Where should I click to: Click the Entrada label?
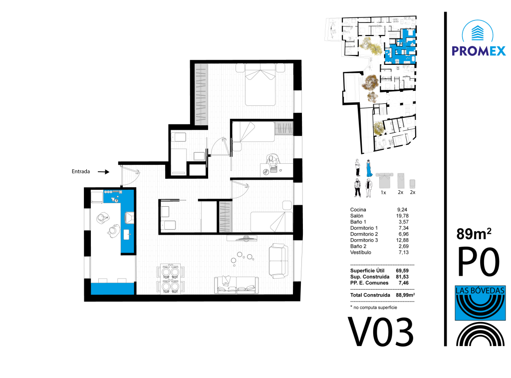[81, 172]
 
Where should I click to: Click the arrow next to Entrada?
[104, 172]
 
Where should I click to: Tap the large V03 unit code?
[381, 332]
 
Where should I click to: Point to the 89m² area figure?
[474, 234]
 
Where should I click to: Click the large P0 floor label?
[479, 262]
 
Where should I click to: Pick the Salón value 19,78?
[402, 216]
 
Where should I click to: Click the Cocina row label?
[358, 210]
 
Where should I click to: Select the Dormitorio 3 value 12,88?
[402, 240]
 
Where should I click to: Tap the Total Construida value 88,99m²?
[405, 295]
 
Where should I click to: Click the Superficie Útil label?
[367, 271]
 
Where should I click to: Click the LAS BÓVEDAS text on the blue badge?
[480, 290]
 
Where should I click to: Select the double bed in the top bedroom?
[260, 84]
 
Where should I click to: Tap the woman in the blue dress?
[369, 168]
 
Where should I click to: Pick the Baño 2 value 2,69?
[403, 247]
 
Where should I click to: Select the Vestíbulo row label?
[360, 253]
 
